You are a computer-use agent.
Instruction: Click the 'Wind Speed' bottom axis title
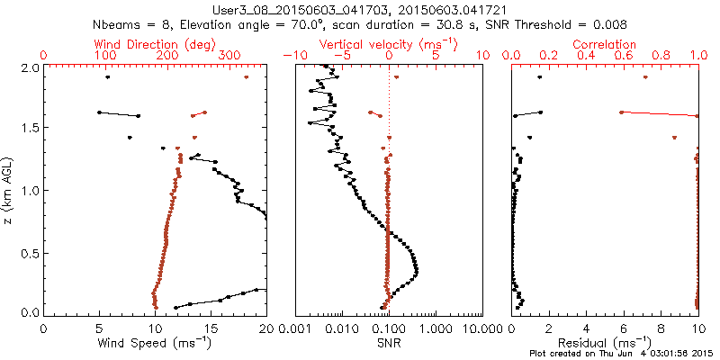coord(155,344)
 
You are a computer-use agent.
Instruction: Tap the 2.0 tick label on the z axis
coord(30,67)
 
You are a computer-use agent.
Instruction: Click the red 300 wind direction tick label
coord(230,56)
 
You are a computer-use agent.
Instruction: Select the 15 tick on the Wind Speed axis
coord(211,329)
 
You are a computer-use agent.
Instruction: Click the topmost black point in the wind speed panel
coord(107,77)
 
